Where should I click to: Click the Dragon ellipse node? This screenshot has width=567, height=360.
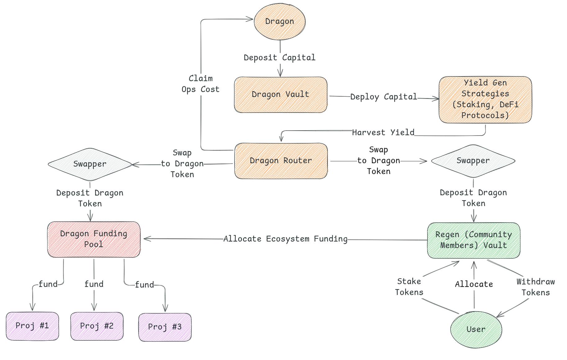(280, 21)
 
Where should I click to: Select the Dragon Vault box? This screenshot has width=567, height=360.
(281, 95)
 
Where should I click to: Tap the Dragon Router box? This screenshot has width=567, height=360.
(281, 161)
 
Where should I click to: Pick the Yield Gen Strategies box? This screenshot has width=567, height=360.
(485, 99)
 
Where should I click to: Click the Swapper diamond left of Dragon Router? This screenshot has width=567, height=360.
(90, 164)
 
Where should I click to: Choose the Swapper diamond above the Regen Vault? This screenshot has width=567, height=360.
(473, 161)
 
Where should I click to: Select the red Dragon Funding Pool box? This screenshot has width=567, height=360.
(94, 239)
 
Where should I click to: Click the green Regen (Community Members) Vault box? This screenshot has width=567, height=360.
(473, 240)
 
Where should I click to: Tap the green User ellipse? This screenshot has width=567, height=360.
(476, 329)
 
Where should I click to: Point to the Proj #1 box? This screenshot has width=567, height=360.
(32, 326)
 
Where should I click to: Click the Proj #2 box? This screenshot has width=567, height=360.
(97, 326)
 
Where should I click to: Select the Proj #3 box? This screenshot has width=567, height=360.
(165, 327)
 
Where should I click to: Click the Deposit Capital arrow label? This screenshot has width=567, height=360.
(279, 58)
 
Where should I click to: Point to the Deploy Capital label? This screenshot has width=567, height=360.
(383, 97)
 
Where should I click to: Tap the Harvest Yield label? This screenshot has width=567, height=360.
(383, 133)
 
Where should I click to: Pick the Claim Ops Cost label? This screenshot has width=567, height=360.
(200, 84)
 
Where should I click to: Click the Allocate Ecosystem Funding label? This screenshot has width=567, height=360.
(285, 239)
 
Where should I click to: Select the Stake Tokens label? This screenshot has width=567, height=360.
(409, 287)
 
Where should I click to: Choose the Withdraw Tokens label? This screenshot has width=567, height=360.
(536, 287)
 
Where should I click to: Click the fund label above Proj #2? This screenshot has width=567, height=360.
(94, 284)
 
